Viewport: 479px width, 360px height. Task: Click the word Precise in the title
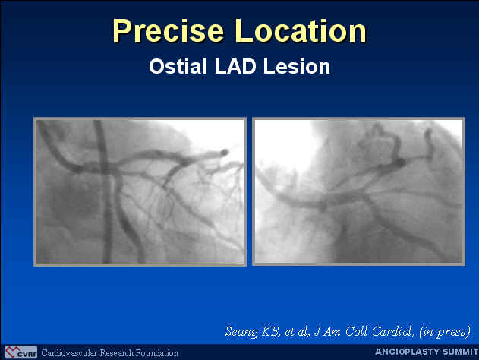tap(169, 30)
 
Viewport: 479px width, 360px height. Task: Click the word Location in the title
tap(301, 30)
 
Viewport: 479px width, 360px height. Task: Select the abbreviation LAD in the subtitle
tap(235, 66)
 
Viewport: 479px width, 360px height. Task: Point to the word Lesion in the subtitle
tap(297, 66)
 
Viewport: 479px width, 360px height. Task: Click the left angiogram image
tap(140, 191)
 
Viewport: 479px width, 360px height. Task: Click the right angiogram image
tap(358, 191)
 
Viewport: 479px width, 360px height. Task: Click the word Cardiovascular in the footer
tap(69, 353)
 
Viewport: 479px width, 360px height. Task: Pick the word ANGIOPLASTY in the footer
tap(407, 352)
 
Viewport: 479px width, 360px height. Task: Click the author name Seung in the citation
tap(241, 332)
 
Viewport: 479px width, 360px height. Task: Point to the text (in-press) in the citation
tap(445, 332)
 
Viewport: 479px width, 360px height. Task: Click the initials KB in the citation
tap(270, 332)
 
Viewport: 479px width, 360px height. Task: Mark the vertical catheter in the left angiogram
tap(104, 191)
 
